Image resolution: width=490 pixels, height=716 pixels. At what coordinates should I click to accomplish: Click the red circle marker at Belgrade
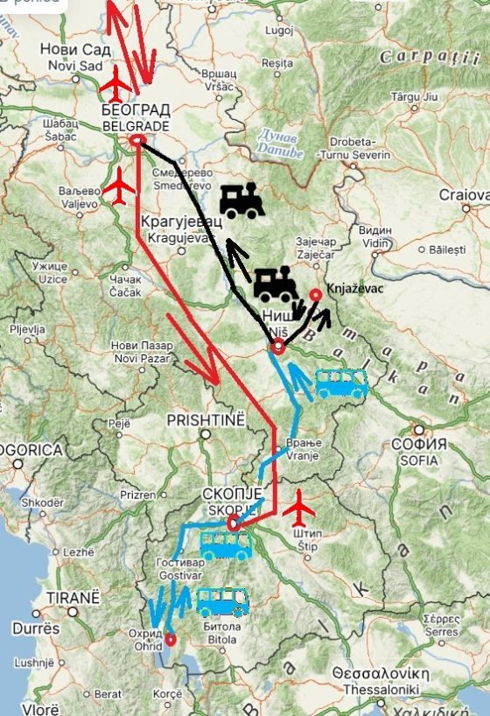136,140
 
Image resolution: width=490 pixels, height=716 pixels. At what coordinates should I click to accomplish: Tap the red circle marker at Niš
277,347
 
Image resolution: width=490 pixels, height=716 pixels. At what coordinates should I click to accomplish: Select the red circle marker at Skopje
233,523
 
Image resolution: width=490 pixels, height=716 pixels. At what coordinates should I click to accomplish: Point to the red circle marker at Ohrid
170,638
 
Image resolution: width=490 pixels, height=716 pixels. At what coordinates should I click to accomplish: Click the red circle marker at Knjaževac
315,295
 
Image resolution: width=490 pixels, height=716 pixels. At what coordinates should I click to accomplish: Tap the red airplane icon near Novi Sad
115,84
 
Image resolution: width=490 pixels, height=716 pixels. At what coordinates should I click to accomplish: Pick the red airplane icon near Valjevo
119,185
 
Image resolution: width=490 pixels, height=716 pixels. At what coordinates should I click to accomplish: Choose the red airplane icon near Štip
302,506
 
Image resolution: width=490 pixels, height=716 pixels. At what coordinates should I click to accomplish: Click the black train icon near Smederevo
241,200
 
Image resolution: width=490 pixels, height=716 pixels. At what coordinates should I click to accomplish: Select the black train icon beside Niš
276,284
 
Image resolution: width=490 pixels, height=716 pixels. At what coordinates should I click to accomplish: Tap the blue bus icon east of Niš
340,383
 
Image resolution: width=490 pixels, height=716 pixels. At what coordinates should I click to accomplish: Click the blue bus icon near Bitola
222,602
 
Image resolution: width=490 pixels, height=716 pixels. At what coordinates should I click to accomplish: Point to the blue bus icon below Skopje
227,544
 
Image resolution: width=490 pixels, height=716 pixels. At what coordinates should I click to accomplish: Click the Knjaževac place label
354,286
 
